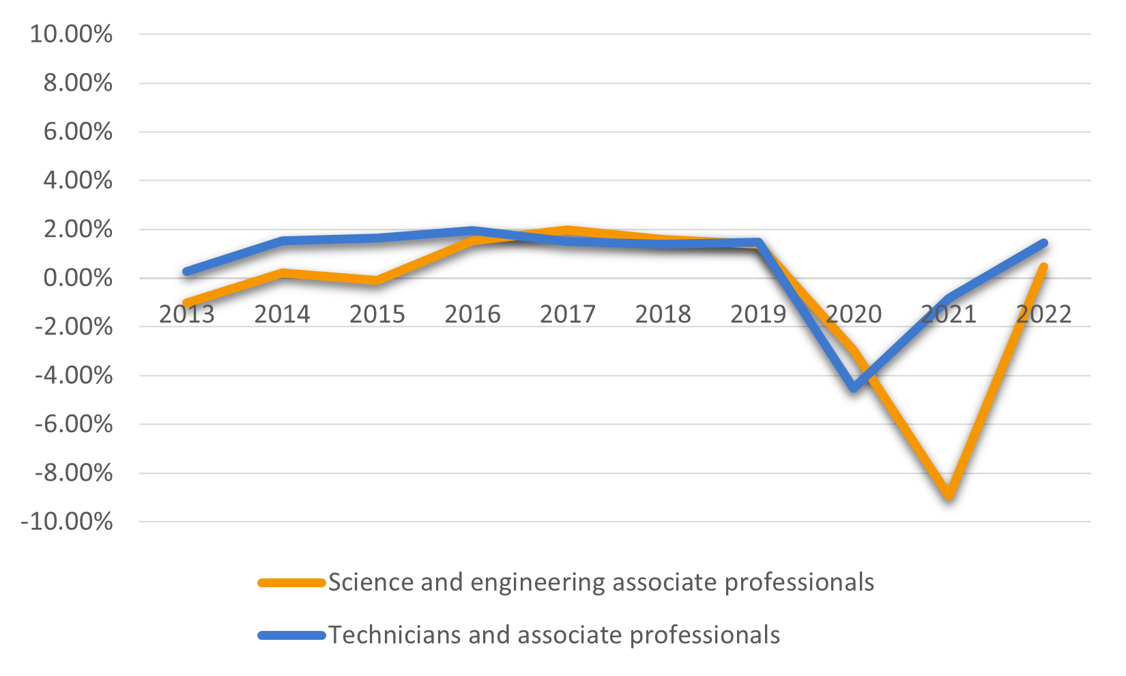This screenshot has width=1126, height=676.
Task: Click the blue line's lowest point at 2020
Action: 854,388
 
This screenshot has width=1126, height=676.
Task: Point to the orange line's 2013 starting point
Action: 187,303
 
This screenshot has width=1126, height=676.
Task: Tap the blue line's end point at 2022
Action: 1043,243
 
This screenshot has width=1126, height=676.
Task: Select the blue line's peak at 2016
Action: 472,230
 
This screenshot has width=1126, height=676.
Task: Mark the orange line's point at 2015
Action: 377,280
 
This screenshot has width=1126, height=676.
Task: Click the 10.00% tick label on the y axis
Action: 71,34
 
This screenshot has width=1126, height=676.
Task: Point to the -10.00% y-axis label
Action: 67,522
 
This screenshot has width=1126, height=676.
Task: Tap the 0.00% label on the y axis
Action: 78,279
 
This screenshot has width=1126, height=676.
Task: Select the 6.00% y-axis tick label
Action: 78,132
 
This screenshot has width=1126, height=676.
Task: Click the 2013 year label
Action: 186,315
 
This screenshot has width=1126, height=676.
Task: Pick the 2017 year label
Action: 568,315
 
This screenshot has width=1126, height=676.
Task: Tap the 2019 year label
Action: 758,315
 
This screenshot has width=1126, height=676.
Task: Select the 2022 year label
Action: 1043,315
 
